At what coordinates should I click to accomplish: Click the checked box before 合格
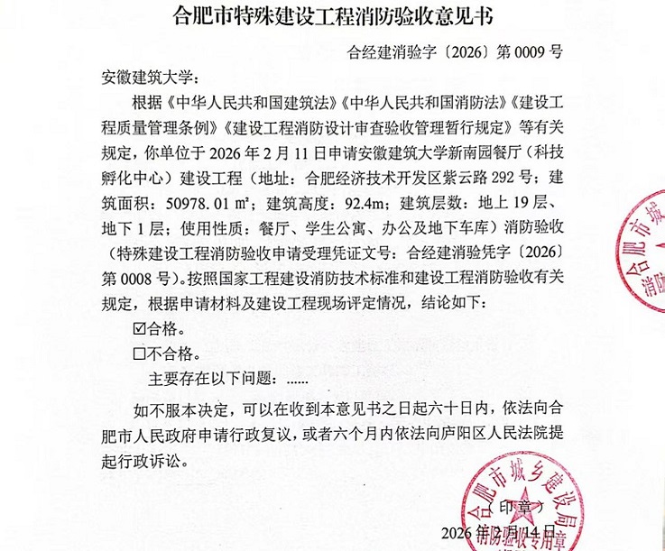[x=138, y=326]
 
